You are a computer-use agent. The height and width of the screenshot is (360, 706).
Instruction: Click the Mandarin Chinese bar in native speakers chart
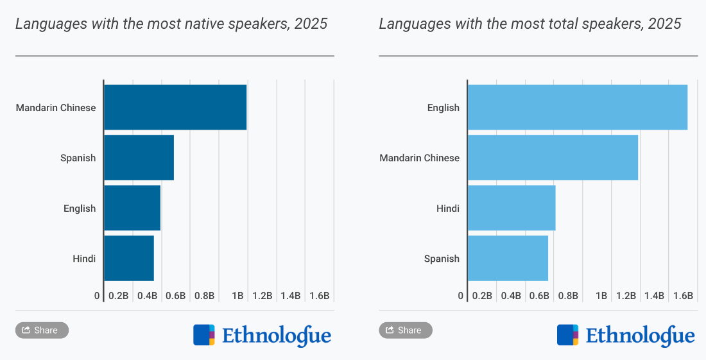(x=175, y=107)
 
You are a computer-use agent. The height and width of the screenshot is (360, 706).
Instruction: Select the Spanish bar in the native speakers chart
(x=139, y=157)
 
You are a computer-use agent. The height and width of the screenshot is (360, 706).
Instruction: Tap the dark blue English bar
(x=132, y=208)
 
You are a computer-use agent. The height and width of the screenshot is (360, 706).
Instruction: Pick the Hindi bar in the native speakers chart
(x=129, y=258)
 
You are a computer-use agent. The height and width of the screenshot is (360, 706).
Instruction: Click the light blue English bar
(x=578, y=107)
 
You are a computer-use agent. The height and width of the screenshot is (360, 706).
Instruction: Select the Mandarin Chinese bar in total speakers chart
(x=553, y=157)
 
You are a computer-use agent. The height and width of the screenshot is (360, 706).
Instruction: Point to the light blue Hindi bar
(x=512, y=208)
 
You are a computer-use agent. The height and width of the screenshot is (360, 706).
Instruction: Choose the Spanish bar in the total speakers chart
(x=508, y=258)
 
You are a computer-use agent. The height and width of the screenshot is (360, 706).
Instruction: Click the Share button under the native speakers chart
(x=42, y=330)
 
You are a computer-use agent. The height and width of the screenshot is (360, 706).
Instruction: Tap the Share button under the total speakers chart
(x=406, y=330)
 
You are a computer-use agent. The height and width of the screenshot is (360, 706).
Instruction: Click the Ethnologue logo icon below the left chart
(x=204, y=335)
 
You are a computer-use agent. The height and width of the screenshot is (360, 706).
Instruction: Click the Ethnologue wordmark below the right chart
(x=640, y=336)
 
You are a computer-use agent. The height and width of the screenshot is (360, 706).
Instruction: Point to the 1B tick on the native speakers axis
(x=237, y=296)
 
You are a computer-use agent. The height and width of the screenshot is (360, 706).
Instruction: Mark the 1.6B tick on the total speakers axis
(x=683, y=296)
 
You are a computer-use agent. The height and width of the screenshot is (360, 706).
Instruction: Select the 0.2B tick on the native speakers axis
(x=119, y=296)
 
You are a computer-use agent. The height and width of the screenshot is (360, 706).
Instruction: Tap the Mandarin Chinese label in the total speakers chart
(x=419, y=158)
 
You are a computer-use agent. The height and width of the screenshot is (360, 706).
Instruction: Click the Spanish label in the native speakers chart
(x=78, y=158)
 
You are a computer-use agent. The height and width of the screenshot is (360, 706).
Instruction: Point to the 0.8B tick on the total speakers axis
(x=568, y=296)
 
